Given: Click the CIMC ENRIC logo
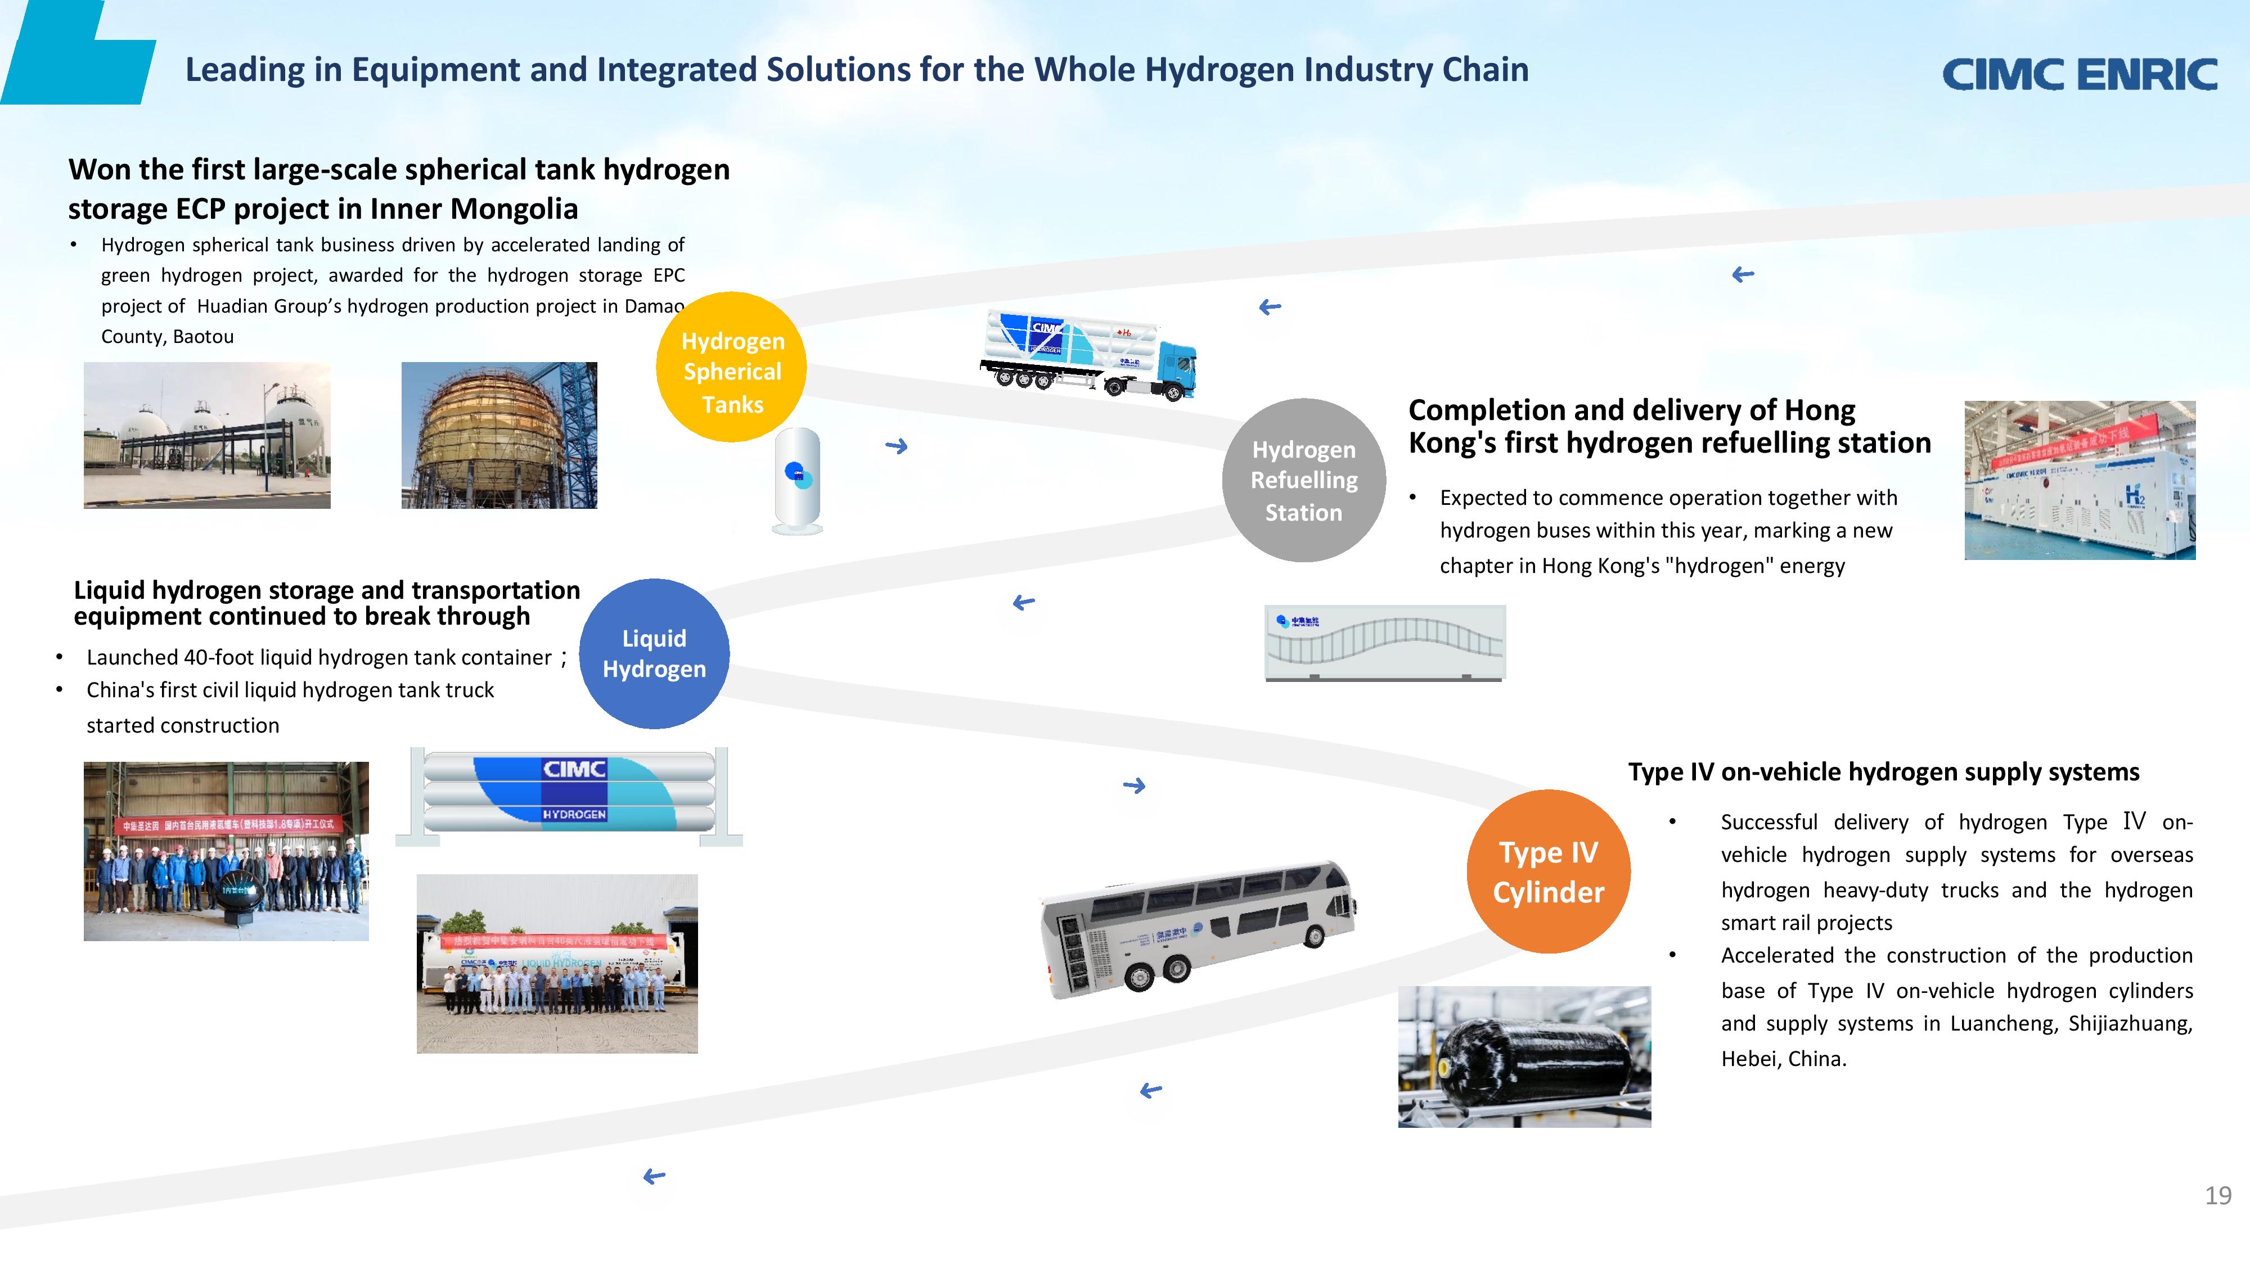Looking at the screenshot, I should pos(2079,74).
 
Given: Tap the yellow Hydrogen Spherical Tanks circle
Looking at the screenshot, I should pos(732,368).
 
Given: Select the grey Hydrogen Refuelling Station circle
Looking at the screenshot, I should pos(1303,480).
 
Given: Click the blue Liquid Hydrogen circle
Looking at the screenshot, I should pos(654,654).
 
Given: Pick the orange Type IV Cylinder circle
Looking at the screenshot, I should pos(1548,871).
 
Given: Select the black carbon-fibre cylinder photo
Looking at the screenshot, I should pos(1524,1056).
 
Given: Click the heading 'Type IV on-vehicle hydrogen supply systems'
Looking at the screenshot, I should pos(1883,772).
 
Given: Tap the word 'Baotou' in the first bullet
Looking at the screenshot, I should pos(204,337).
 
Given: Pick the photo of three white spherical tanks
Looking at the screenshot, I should pos(207,435).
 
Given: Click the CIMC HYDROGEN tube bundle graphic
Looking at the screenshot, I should pos(569,794).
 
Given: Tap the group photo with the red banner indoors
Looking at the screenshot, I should pos(226,851).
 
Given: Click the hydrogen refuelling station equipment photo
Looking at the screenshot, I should pos(2079,480).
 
